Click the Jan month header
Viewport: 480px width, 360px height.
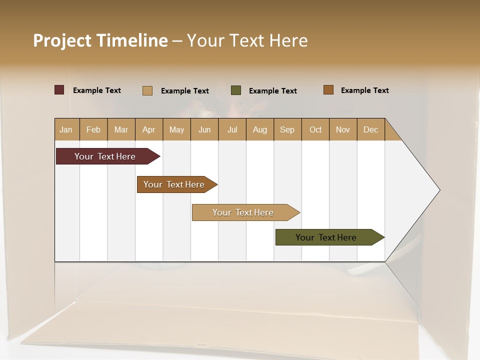click(66, 129)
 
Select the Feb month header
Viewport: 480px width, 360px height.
click(93, 129)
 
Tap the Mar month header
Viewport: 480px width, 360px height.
click(121, 129)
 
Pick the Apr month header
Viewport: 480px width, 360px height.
click(149, 129)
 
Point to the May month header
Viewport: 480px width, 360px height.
click(176, 129)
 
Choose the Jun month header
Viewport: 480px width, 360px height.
click(204, 129)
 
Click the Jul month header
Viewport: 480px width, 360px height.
click(232, 129)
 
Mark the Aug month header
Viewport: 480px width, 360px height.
click(260, 129)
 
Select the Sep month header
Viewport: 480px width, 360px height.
click(287, 129)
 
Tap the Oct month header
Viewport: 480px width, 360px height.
click(315, 129)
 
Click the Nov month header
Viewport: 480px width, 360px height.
click(343, 129)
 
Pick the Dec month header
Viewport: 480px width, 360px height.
click(371, 129)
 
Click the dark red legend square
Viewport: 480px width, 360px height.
click(59, 90)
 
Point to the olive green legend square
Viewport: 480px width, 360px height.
click(236, 90)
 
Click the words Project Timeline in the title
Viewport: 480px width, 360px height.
click(100, 40)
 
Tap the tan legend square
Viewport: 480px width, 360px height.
click(147, 90)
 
